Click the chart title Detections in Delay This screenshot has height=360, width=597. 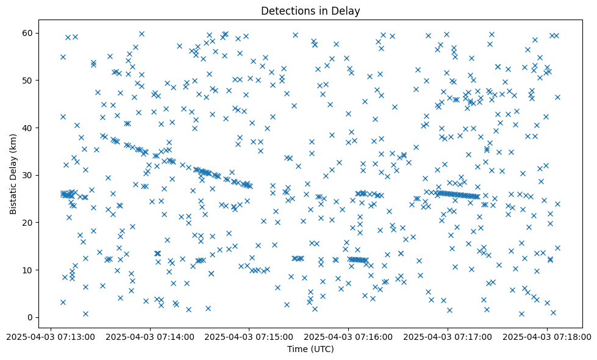pos(310,10)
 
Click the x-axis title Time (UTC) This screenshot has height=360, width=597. pos(310,349)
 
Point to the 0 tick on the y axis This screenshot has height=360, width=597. pos(29,317)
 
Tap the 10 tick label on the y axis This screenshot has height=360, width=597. pos(27,270)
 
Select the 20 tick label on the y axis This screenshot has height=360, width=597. pos(27,223)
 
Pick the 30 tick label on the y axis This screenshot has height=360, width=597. pos(27,175)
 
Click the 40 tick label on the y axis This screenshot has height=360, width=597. pos(27,128)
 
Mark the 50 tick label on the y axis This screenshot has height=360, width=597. pos(27,81)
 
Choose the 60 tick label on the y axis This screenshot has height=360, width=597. pos(27,33)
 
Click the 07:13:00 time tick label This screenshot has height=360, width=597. pos(51,336)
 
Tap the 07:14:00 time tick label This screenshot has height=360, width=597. pos(150,336)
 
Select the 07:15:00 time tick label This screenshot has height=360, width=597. pos(249,336)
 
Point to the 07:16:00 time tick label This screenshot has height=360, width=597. pos(349,336)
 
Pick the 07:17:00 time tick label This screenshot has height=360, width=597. pos(448,336)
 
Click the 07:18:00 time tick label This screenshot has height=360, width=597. pos(547,336)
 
